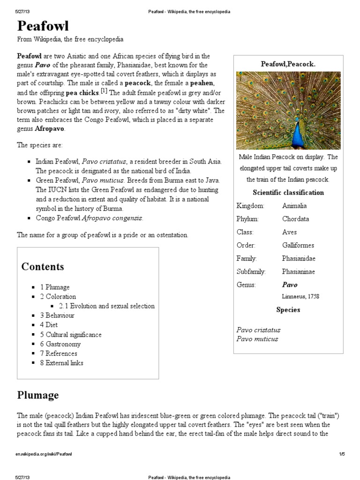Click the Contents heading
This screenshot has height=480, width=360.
pyautogui.click(x=43, y=267)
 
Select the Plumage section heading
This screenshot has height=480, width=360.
pyautogui.click(x=38, y=395)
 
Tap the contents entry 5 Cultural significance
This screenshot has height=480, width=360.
pyautogui.click(x=73, y=335)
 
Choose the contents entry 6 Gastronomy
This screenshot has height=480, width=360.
pyautogui.click(x=63, y=344)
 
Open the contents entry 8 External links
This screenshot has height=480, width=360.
pyautogui.click(x=65, y=363)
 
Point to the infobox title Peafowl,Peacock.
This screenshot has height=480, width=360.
pyautogui.click(x=288, y=64)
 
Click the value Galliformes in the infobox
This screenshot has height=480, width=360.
pyautogui.click(x=298, y=245)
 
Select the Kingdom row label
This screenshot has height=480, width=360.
pyautogui.click(x=251, y=206)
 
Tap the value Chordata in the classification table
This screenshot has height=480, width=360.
pyautogui.click(x=296, y=219)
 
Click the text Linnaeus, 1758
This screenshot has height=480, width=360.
pyautogui.click(x=300, y=296)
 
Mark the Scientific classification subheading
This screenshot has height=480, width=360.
pyautogui.click(x=288, y=193)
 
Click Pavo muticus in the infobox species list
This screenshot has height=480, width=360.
pyautogui.click(x=257, y=339)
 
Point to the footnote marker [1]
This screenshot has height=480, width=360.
pyautogui.click(x=104, y=90)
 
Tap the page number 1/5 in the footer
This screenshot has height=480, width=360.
pyautogui.click(x=342, y=454)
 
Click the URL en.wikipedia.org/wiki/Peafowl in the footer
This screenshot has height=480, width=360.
pyautogui.click(x=45, y=454)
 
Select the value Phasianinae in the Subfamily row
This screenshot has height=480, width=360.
pyautogui.click(x=299, y=271)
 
